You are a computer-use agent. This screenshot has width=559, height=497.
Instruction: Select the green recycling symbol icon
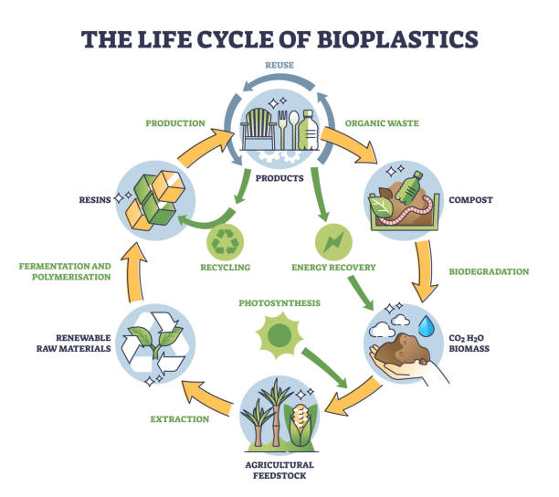click(225, 243)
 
